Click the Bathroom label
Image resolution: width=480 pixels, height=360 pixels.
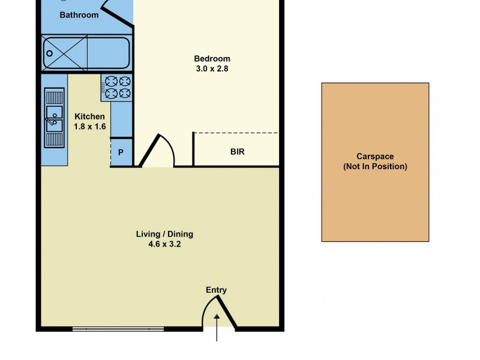[x=79, y=15]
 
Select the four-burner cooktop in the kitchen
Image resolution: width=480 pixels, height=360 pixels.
[x=117, y=86]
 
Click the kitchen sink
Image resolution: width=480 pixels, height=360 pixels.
[x=55, y=118]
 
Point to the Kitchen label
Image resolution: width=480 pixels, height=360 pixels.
[x=89, y=116]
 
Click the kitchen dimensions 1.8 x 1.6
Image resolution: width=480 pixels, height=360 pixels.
[x=89, y=127]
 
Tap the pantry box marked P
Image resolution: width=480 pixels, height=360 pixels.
[x=121, y=152]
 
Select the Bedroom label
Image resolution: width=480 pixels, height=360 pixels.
[x=212, y=58]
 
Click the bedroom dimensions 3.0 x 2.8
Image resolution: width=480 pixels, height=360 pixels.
[x=212, y=68]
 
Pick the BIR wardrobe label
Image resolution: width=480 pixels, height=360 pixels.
[x=238, y=152]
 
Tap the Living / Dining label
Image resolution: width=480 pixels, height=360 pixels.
[x=164, y=234]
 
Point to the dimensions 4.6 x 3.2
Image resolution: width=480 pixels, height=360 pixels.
[x=164, y=244]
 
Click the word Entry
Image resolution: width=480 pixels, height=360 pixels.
[x=217, y=290]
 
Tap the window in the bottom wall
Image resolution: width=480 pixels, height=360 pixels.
[x=118, y=328]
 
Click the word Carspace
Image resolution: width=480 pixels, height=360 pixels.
[x=375, y=157]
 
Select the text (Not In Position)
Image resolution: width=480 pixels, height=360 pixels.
[x=375, y=166]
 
